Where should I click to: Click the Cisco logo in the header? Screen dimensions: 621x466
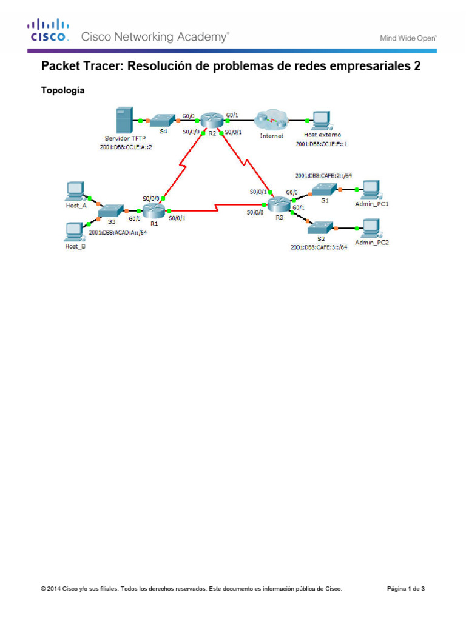point(46,30)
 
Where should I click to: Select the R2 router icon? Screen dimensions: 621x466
point(212,120)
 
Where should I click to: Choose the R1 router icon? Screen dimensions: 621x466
point(155,211)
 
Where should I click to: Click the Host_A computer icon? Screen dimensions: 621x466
point(75,191)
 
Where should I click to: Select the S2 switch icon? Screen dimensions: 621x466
point(321,229)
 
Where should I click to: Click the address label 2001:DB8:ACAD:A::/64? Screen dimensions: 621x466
point(118,232)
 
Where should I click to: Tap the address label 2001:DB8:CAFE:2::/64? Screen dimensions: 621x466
point(323,175)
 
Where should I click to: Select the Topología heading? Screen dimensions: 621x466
point(62,90)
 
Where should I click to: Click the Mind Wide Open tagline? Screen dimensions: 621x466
point(408,38)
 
